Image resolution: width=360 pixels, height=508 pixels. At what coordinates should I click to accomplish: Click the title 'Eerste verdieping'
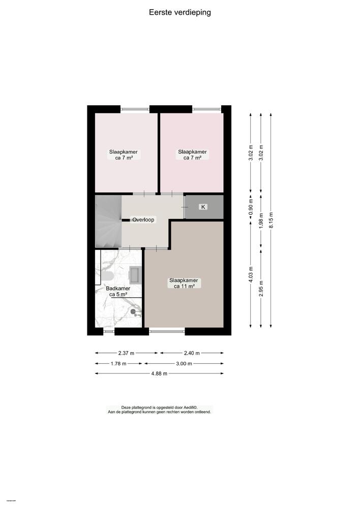[x=179, y=12]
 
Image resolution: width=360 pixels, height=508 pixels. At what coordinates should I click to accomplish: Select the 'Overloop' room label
[x=143, y=220]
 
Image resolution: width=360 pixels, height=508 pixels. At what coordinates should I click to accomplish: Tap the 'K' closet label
[x=203, y=207]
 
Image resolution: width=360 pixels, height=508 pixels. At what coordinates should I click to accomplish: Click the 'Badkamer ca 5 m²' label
[x=118, y=291]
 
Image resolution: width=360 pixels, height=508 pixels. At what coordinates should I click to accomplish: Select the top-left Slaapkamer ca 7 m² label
[x=123, y=154]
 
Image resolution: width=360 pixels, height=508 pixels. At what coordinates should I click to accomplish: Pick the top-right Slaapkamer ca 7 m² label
[x=192, y=154]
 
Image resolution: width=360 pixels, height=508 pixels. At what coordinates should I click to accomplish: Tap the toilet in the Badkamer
[x=107, y=276]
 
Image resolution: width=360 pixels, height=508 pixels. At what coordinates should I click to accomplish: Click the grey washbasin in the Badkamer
[x=136, y=275]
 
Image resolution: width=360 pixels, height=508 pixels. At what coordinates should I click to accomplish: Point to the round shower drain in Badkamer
[x=133, y=311]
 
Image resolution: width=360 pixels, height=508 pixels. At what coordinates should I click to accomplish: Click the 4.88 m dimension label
[x=159, y=373]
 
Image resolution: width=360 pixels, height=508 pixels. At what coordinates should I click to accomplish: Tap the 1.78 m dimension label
[x=118, y=363]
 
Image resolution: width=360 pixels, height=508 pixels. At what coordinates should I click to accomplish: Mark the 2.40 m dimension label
[x=192, y=353]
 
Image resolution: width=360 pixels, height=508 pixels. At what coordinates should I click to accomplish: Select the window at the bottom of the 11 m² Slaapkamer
[x=167, y=331]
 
